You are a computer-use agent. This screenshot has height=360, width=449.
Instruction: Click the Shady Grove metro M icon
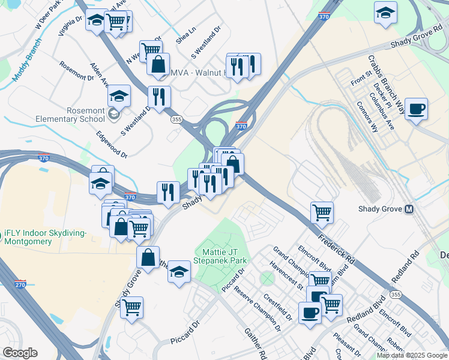(409, 209)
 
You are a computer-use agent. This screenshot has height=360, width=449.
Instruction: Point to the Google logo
(20, 353)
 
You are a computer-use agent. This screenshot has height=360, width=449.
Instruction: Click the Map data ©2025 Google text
(411, 355)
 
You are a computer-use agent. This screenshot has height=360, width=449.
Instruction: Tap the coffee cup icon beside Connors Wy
(416, 109)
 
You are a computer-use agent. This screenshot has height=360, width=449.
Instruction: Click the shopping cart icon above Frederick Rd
(322, 211)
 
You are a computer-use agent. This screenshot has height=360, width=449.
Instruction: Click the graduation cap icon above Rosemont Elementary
(119, 95)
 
